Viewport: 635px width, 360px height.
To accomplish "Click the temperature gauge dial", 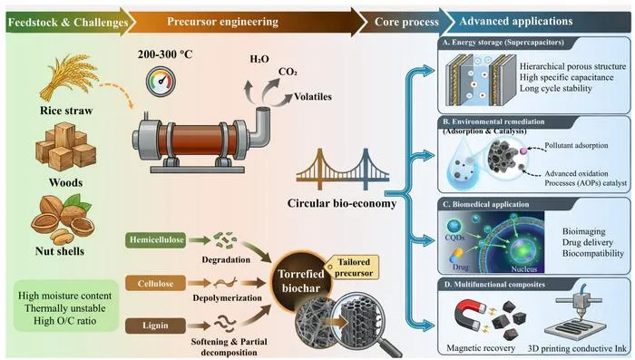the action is [x=161, y=80].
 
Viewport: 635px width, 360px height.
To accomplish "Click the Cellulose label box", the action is [x=155, y=284].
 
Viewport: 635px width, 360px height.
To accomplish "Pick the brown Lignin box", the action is [x=155, y=326].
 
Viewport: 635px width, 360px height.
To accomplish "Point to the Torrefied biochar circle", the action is [x=301, y=281].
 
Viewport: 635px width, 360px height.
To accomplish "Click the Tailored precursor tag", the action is [x=354, y=268].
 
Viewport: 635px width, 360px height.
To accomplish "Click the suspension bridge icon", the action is [x=343, y=170].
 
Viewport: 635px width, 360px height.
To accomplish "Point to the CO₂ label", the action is [x=288, y=72].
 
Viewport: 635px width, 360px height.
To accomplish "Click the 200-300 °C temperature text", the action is [x=165, y=54].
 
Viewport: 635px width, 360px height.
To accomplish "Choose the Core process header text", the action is [x=406, y=22].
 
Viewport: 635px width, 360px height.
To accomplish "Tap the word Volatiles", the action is [x=313, y=97].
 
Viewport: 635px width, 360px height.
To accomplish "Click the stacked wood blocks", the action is [x=66, y=147].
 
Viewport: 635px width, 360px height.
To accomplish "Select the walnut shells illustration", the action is [x=63, y=219].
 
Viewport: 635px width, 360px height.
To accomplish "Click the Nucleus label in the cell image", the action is [x=524, y=269].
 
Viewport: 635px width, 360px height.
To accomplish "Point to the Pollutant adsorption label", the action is [x=576, y=145].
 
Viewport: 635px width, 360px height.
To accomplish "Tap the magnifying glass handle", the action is [x=389, y=347].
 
